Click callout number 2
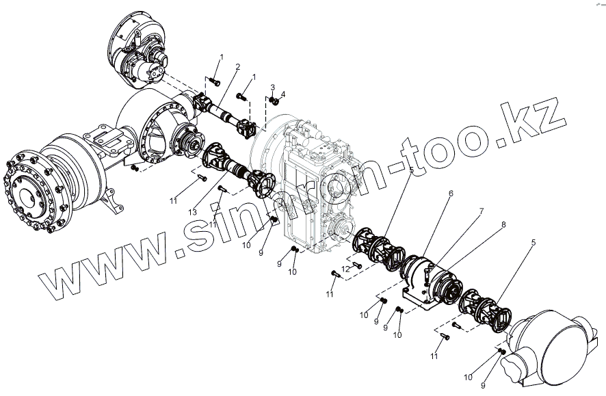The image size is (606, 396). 237,66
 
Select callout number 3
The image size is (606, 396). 272,88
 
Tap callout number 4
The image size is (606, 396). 282,93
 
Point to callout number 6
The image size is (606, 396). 451,194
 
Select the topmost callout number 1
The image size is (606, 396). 220,55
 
